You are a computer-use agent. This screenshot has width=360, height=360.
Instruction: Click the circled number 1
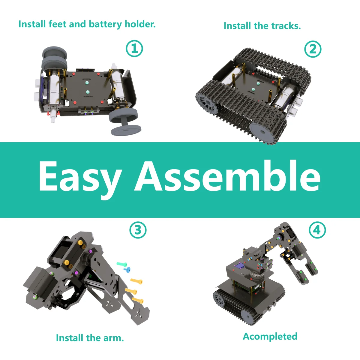[x=134, y=49]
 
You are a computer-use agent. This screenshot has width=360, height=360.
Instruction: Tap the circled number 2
[x=313, y=49]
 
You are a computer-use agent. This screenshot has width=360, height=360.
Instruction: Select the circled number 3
[x=138, y=230]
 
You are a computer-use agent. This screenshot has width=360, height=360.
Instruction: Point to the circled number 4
[x=317, y=230]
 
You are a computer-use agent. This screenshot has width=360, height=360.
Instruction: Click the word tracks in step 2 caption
[x=285, y=26]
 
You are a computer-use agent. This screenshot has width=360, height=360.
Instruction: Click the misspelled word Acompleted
[x=270, y=336]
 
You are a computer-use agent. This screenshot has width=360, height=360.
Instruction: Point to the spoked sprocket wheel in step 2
[x=207, y=103]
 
